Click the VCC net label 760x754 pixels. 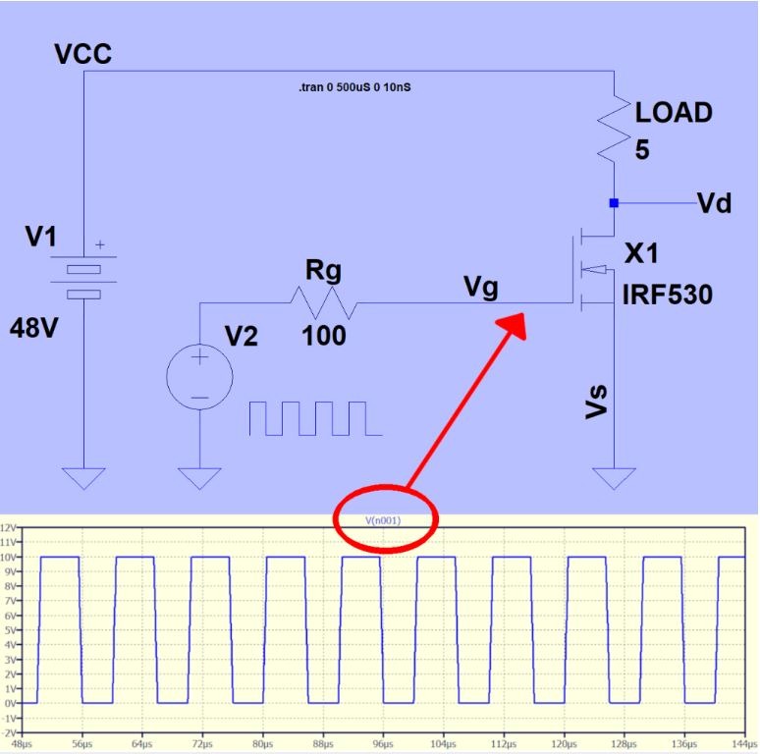point(83,53)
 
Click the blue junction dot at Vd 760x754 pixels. point(614,203)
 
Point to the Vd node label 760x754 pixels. point(714,203)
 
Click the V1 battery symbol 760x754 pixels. point(85,280)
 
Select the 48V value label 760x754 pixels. point(35,327)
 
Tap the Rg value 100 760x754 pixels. point(324,337)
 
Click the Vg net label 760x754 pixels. point(481,287)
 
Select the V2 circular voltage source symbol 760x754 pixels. point(199,375)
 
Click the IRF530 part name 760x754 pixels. point(667,295)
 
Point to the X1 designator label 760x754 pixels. point(642,253)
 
